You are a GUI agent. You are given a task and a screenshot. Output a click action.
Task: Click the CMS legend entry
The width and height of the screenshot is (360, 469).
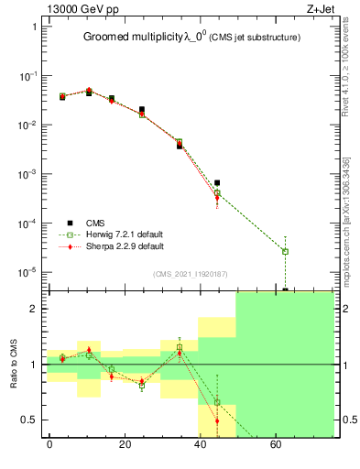point(94,222)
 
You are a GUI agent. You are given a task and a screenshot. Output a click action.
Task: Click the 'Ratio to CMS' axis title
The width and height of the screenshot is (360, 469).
point(13,365)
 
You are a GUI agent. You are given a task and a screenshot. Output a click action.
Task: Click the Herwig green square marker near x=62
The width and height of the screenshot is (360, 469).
point(286,251)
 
